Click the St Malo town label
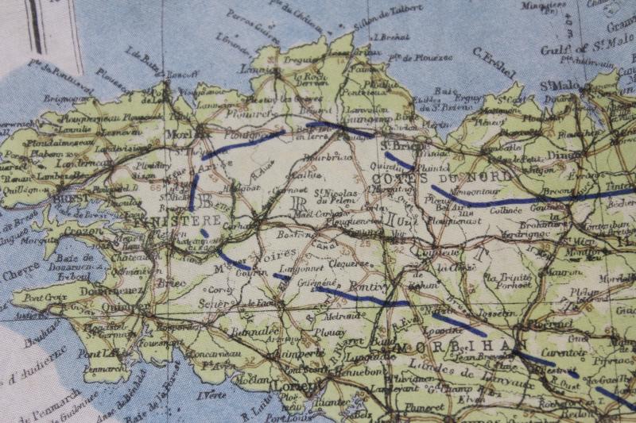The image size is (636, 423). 558,85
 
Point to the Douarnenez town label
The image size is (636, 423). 100,291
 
